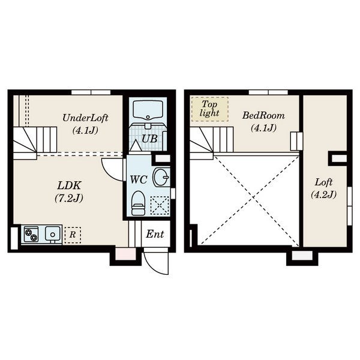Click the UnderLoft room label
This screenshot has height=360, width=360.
pyautogui.click(x=85, y=118)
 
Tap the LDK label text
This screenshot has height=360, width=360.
pyautogui.click(x=69, y=185)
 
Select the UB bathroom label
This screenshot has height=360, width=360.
pyautogui.click(x=149, y=139)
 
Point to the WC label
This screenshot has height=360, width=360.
pyautogui.click(x=139, y=179)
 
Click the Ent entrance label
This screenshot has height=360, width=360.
pyautogui.click(x=155, y=234)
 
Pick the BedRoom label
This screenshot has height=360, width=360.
pyautogui.click(x=263, y=115)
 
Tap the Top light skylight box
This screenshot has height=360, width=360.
pyautogui.click(x=210, y=109)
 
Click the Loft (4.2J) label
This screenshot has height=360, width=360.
pyautogui.click(x=324, y=188)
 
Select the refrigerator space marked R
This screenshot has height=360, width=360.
pyautogui.click(x=73, y=235)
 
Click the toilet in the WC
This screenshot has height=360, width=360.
pyautogui.click(x=138, y=203)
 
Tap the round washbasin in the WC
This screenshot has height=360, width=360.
pyautogui.click(x=161, y=177)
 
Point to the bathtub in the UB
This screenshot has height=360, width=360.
pyautogui.click(x=148, y=110)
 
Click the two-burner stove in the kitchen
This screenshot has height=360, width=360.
pyautogui.click(x=31, y=235)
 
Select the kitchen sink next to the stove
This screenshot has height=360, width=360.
pyautogui.click(x=53, y=235)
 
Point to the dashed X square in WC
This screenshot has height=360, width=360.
pyautogui.click(x=160, y=205)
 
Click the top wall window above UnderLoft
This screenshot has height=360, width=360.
pyautogui.click(x=91, y=92)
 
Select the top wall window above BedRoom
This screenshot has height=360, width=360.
pyautogui.click(x=268, y=92)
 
